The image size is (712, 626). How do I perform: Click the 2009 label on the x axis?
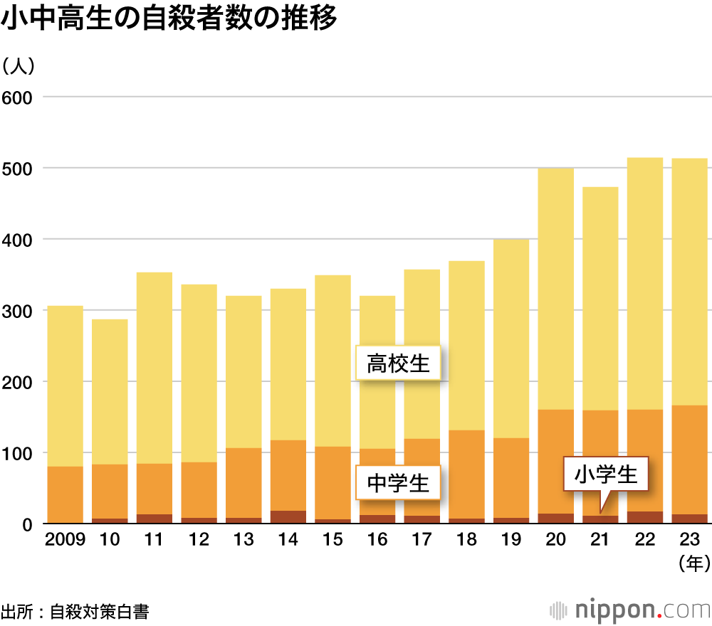point(65,540)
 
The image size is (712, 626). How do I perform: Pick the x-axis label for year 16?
point(377,540)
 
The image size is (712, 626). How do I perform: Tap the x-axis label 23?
point(690,540)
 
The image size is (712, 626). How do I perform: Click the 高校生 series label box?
point(399,364)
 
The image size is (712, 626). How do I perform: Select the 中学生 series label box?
point(399,484)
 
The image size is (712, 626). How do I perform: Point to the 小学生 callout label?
point(607,474)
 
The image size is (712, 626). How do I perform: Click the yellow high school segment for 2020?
point(556,288)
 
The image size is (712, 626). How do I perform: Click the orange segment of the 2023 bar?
point(690,459)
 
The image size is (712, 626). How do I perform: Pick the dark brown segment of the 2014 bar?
point(288,517)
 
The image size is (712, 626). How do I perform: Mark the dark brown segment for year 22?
point(645,518)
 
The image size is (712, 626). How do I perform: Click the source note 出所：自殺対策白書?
point(75,612)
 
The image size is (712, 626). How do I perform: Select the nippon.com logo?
point(631,610)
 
